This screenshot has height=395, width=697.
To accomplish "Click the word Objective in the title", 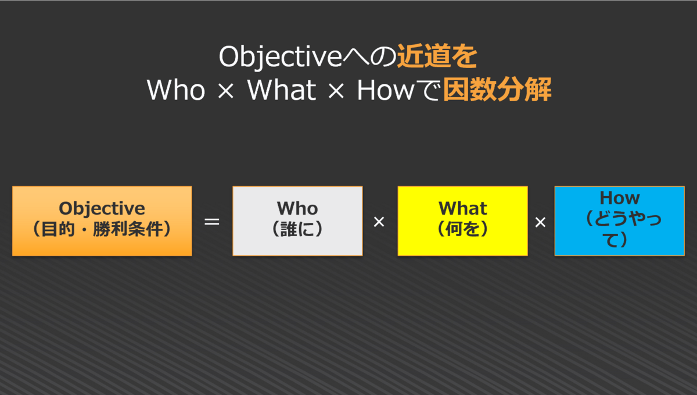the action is (281, 57).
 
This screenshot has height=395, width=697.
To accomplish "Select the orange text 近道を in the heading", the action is (437, 56).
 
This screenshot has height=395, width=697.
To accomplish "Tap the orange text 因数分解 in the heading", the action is (497, 90).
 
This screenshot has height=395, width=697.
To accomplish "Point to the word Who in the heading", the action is (176, 90).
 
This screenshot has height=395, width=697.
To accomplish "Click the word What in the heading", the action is (282, 90).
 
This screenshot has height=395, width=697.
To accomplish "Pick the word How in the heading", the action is (386, 90).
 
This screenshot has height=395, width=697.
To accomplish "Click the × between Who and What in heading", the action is (225, 91).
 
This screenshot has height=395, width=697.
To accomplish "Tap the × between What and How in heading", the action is (336, 91).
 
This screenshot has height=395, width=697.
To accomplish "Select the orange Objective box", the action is (102, 221).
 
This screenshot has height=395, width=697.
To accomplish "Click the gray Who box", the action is (297, 221).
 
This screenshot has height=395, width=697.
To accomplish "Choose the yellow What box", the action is (463, 221).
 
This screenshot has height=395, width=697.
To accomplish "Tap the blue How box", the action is (620, 221).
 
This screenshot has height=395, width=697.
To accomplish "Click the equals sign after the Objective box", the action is (212, 222).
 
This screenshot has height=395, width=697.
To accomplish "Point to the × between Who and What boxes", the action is (379, 222).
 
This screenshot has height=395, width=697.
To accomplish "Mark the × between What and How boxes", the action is (541, 222).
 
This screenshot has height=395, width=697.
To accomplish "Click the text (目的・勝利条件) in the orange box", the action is (102, 229).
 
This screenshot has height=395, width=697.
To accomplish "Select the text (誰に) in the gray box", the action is (297, 229).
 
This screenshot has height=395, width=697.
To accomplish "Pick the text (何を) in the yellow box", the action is (463, 229).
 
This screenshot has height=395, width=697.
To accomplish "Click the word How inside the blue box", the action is (620, 198).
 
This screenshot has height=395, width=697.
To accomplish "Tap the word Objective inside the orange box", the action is (102, 209).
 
